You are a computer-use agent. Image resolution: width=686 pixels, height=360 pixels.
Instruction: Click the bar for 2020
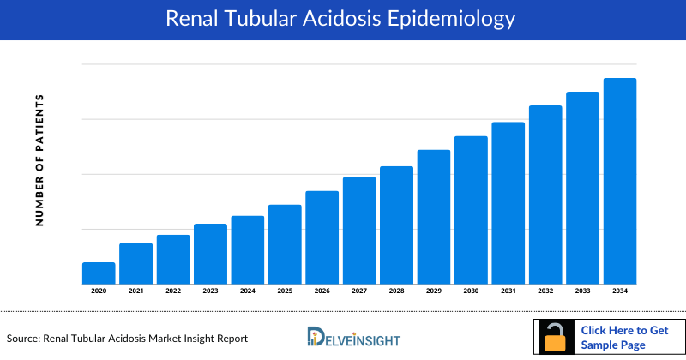click(99, 273)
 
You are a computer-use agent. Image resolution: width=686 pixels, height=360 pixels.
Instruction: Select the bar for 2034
click(620, 181)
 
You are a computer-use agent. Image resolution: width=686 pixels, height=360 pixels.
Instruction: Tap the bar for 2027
click(359, 231)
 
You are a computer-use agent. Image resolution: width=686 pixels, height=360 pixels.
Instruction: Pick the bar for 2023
click(210, 254)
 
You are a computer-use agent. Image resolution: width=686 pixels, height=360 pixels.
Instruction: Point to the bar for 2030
click(471, 210)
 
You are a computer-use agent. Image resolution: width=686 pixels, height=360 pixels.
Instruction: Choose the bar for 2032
click(545, 195)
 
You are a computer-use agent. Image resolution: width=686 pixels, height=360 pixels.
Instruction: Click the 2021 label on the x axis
click(135, 291)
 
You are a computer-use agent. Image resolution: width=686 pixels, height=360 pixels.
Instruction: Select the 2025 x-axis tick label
click(285, 291)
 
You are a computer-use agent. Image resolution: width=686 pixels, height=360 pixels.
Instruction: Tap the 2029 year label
click(434, 291)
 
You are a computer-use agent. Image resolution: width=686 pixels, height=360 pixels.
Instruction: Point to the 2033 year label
click(582, 291)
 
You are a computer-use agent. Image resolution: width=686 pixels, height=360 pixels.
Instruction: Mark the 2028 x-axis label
click(396, 291)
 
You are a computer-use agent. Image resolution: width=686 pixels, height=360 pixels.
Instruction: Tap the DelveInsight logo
click(353, 337)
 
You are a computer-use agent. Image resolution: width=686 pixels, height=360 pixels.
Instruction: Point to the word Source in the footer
click(24, 339)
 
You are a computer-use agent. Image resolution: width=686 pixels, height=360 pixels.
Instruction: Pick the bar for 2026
click(322, 237)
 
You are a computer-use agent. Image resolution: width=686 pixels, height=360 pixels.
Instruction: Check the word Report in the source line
click(230, 339)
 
